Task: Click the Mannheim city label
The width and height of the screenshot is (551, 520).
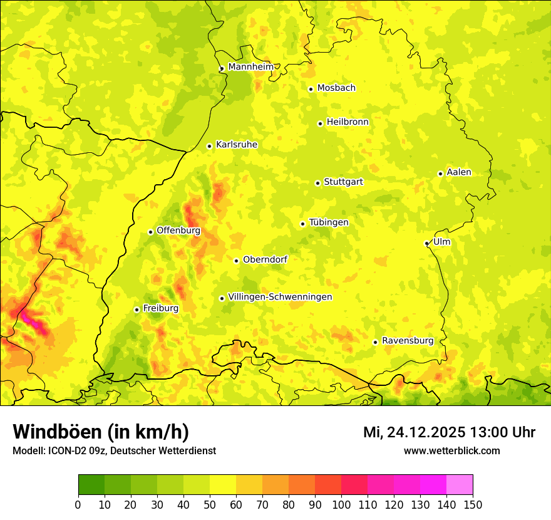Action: pyautogui.click(x=250, y=67)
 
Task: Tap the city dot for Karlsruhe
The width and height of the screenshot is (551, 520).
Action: pyautogui.click(x=210, y=146)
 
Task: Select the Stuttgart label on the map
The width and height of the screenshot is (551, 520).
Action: pyautogui.click(x=343, y=182)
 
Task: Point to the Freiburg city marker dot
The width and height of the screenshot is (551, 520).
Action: pyautogui.click(x=136, y=309)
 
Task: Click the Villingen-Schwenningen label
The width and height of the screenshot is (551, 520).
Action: pyautogui.click(x=280, y=297)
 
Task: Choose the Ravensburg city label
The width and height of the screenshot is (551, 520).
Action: pyautogui.click(x=408, y=341)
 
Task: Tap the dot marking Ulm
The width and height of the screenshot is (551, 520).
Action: pyautogui.click(x=426, y=243)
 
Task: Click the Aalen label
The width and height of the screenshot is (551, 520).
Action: pyautogui.click(x=459, y=172)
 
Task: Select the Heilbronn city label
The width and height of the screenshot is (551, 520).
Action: pyautogui.click(x=348, y=122)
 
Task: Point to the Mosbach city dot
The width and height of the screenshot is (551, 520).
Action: pyautogui.click(x=311, y=89)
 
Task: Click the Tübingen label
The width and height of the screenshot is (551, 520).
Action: pyautogui.click(x=329, y=222)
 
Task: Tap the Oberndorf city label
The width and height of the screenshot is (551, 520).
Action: pyautogui.click(x=265, y=259)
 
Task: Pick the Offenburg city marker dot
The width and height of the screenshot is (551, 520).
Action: pyautogui.click(x=150, y=232)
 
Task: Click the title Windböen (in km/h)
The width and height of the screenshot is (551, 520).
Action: pyautogui.click(x=101, y=432)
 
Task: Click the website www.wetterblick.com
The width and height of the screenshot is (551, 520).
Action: pyautogui.click(x=451, y=450)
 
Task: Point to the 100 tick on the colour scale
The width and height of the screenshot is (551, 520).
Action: pyautogui.click(x=341, y=504)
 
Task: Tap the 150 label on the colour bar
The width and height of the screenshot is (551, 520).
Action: pyautogui.click(x=473, y=504)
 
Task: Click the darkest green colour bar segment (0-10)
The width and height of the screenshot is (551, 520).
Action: pyautogui.click(x=91, y=484)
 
